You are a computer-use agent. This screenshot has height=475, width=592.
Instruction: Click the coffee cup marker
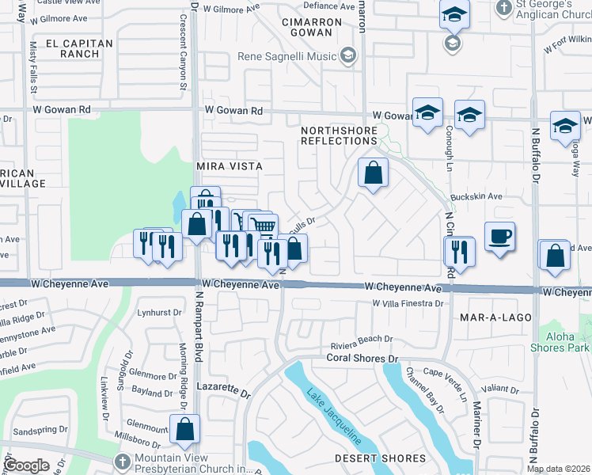[x=499, y=237]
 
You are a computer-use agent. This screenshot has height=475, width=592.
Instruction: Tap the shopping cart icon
[x=263, y=226]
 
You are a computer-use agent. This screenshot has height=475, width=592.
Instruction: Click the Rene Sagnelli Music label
[x=288, y=56]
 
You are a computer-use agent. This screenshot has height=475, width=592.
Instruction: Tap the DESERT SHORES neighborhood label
[x=369, y=458]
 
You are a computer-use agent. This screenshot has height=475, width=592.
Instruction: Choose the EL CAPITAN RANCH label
[x=73, y=49]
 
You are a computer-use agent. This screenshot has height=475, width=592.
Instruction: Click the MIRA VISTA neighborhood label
[x=229, y=167]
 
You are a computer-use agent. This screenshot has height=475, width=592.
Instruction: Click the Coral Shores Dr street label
[x=362, y=359]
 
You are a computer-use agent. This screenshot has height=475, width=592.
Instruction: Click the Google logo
[x=25, y=465]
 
